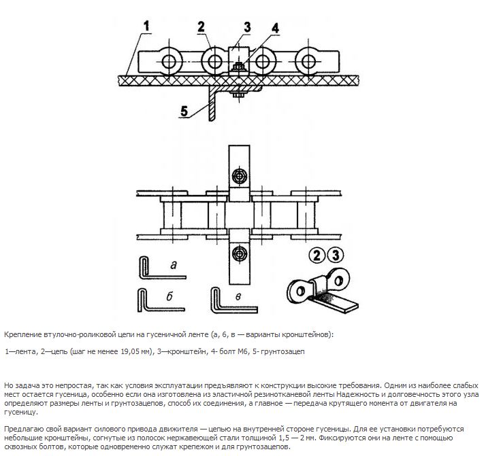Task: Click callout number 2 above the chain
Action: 201,27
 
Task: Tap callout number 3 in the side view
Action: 247,27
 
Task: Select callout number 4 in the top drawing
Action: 274,29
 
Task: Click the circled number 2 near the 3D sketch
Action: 317,256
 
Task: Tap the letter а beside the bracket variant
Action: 173,265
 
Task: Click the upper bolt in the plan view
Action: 238,176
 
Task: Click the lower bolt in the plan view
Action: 238,253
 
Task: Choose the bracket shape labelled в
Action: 216,299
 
